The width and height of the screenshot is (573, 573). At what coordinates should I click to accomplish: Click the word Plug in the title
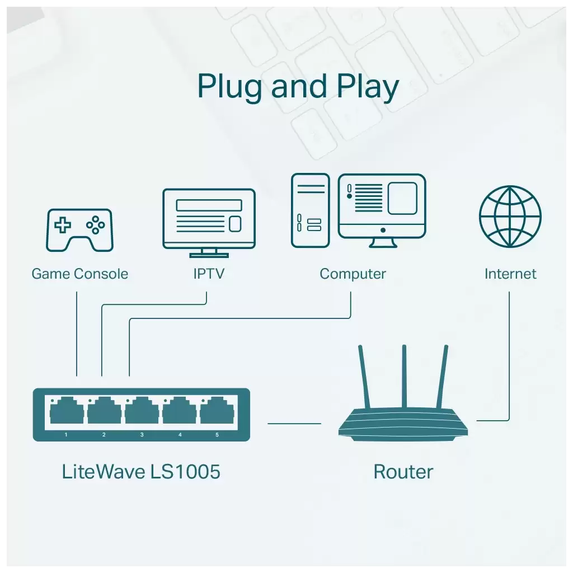[x=229, y=87]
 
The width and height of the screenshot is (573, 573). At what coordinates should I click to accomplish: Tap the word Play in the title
[x=368, y=87]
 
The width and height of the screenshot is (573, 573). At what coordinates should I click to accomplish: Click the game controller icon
[x=79, y=230]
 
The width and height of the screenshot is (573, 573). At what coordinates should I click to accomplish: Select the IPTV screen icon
[x=209, y=223]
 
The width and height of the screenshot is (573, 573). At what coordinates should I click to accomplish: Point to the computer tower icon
[x=310, y=210]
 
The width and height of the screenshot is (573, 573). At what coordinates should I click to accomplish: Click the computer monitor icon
[x=382, y=210]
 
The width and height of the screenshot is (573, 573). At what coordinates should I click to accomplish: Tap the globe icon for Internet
[x=510, y=217]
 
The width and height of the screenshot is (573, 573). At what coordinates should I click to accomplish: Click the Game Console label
[x=79, y=274]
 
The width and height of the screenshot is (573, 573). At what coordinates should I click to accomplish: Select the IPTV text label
[x=209, y=274]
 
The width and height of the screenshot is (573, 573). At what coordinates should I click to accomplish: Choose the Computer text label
[x=353, y=274]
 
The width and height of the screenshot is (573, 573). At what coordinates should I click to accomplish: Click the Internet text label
[x=510, y=274]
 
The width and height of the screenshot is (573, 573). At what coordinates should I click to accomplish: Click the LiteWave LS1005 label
[x=141, y=471]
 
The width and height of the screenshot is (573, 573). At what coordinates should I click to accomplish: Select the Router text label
[x=403, y=472]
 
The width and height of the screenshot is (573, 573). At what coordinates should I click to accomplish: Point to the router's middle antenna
[x=404, y=377]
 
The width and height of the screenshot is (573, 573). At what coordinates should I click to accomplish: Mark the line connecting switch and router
[x=294, y=424]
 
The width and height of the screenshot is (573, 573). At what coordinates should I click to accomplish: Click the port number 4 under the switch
[x=180, y=435]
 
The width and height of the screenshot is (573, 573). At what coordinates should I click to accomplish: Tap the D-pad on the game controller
[x=63, y=225]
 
